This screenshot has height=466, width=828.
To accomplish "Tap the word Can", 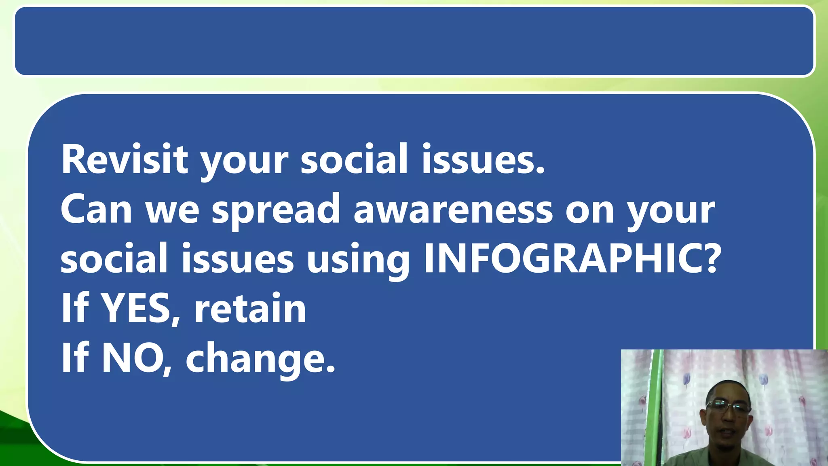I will tap(96, 209).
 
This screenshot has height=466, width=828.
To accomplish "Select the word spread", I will tap(276, 211).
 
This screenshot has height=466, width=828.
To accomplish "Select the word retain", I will tap(250, 309).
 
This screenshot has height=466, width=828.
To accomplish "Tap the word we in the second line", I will tap(172, 210).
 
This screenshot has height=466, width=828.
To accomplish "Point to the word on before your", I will tap(589, 210).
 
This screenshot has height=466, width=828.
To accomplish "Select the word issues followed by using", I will tap(237, 259).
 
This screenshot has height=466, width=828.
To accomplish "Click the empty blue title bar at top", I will tap(414, 41).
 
